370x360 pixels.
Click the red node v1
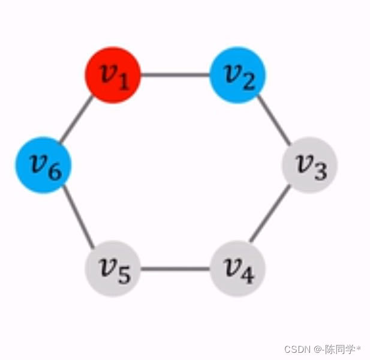coord(112,76)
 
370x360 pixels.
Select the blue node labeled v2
coord(238,76)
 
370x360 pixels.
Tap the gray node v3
coord(309,165)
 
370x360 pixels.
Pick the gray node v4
coord(237,268)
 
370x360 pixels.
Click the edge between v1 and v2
coord(175,76)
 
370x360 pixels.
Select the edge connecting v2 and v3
coord(273,119)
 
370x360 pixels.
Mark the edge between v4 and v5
coord(175,268)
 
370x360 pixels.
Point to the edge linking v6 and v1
coord(77,121)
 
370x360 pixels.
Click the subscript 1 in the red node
coord(124,82)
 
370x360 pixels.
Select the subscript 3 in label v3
coord(321,172)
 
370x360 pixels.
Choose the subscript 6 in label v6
coord(55,172)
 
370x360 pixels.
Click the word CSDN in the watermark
coord(296,349)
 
